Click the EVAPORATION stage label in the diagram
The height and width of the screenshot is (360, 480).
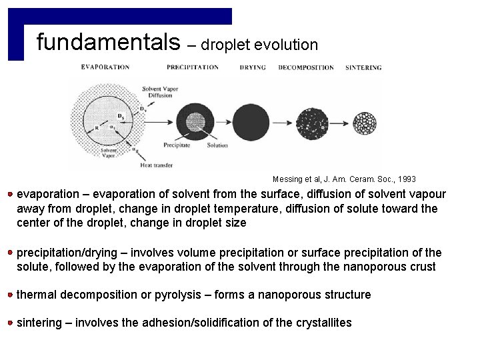tap(105, 67)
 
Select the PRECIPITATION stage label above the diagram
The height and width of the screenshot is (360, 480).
tap(193, 67)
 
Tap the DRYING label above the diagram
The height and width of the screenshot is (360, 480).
tap(253, 67)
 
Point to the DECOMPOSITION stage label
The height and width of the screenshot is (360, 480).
tap(306, 67)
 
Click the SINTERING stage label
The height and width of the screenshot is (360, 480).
tap(363, 67)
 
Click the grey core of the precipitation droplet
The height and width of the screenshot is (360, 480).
tap(195, 122)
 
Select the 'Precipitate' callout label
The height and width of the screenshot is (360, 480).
tap(177, 145)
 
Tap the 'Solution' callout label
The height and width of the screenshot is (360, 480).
tap(217, 145)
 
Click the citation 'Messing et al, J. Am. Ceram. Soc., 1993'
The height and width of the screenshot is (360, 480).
tap(344, 179)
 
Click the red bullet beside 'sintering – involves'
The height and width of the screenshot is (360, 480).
tap(11, 323)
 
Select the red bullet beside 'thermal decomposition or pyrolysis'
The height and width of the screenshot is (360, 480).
tap(11, 295)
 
